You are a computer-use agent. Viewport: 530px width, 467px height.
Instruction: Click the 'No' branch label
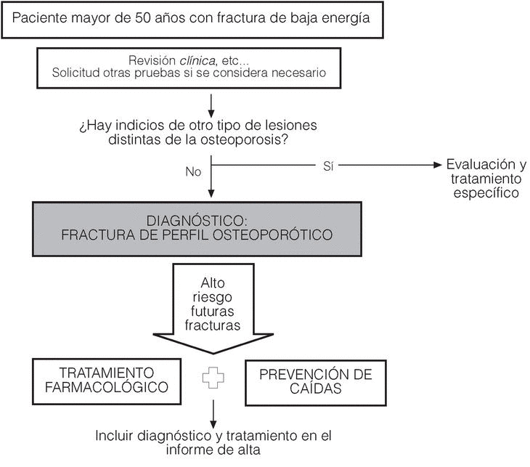tap(193, 173)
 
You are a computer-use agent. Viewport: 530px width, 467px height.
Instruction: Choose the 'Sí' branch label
tap(327, 166)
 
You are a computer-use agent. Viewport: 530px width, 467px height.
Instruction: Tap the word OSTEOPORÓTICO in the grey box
tap(284, 235)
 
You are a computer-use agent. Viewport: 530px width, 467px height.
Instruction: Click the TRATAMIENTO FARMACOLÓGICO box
tap(106, 379)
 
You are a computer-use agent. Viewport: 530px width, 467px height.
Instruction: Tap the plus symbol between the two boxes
tap(211, 379)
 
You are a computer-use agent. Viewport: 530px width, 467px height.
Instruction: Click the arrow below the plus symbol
tap(211, 413)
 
